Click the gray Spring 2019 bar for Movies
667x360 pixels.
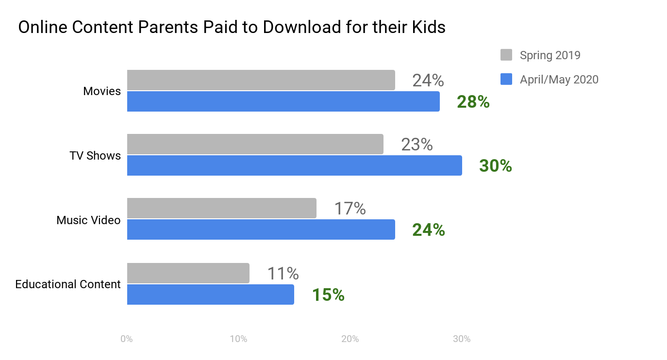coord(261,80)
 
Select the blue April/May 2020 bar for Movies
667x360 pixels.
coord(283,101)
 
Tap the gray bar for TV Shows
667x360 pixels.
coord(255,144)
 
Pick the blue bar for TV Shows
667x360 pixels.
coord(294,165)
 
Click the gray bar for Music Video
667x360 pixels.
coord(221,208)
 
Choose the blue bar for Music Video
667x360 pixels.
coord(261,229)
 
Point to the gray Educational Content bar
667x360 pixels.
coord(188,273)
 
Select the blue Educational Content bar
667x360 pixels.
coord(210,295)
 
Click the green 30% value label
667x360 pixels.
coord(495,166)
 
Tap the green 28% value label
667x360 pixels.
coord(473,102)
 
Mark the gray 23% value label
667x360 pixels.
coord(417,145)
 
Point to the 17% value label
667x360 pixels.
coord(350,209)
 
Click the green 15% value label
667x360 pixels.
coord(328,295)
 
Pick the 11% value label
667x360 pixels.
coord(283,274)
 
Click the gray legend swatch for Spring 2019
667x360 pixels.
coord(506,55)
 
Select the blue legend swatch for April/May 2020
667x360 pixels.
coord(506,79)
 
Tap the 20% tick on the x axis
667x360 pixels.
coord(350,339)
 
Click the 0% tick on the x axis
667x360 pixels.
coord(127,339)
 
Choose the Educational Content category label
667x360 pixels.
coord(68,284)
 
